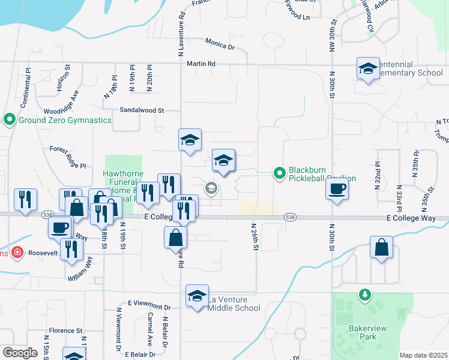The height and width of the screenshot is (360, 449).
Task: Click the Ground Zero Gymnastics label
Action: [65, 120]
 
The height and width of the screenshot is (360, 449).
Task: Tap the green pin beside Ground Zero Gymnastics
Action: [9, 120]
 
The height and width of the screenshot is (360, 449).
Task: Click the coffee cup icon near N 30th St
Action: [337, 189]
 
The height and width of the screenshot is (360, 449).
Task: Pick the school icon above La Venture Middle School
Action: [197, 296]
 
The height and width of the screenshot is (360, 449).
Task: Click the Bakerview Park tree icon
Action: [363, 295]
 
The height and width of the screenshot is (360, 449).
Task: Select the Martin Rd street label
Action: [200, 64]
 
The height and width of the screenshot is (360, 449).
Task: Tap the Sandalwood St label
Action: [142, 110]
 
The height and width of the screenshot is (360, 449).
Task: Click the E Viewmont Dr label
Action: [149, 306]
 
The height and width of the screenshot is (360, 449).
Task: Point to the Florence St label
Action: [65, 331]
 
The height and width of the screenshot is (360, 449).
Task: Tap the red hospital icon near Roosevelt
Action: [17, 253]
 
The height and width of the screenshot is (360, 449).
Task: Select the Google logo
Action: [20, 352]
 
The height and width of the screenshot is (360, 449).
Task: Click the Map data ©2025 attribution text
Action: [423, 355]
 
